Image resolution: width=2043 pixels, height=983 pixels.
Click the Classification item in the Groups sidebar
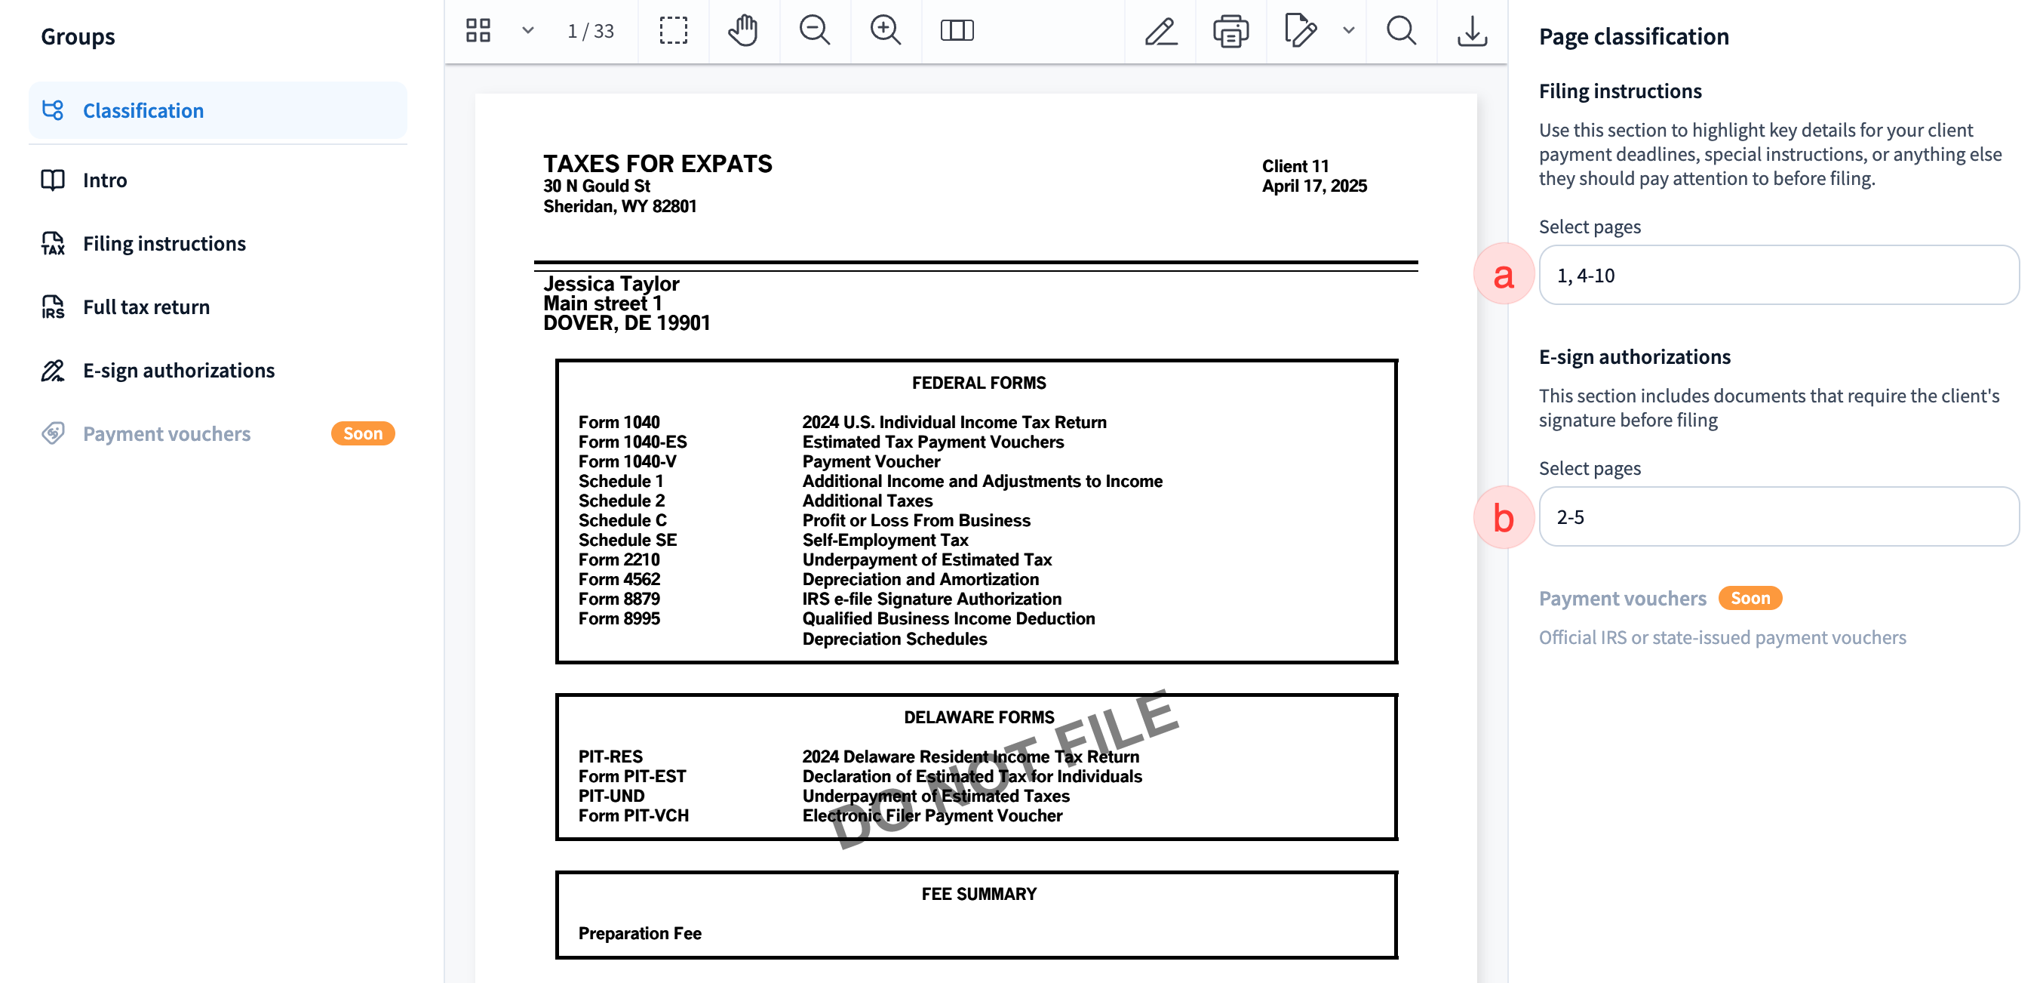point(143,110)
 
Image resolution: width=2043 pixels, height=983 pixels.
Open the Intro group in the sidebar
point(105,180)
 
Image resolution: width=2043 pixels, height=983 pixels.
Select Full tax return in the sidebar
point(146,307)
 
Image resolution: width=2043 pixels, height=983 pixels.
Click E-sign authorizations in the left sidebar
point(179,371)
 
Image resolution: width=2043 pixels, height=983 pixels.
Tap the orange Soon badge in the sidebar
point(362,433)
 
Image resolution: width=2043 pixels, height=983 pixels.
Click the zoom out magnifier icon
point(814,31)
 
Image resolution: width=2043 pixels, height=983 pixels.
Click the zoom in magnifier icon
point(885,31)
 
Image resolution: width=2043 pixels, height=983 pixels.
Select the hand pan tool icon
point(743,31)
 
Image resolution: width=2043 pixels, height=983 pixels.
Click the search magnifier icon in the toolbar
point(1400,31)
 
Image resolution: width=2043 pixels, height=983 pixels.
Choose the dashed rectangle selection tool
point(674,31)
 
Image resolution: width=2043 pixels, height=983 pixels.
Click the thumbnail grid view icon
point(478,31)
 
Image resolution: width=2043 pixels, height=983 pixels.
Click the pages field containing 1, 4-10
point(1778,276)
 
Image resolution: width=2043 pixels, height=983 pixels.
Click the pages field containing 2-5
point(1778,517)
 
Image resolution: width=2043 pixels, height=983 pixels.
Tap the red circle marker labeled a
point(1503,276)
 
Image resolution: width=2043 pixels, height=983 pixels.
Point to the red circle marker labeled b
point(1503,517)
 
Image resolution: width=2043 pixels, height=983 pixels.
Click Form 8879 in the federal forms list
point(619,599)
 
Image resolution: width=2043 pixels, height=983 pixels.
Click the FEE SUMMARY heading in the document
point(978,894)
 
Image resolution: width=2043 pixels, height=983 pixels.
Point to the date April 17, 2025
point(1314,186)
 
